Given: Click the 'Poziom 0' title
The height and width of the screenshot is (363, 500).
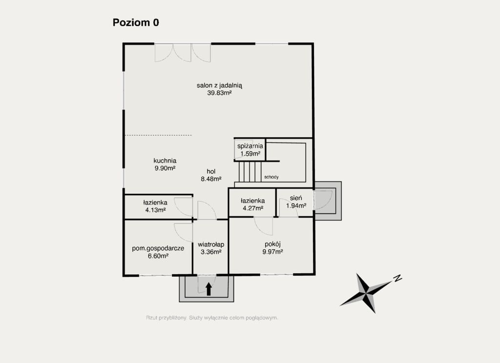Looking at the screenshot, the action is [x=136, y=22].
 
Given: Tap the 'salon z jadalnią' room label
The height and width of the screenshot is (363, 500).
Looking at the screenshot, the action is [x=219, y=85].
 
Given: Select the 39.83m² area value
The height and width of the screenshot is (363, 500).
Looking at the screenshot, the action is [x=219, y=93].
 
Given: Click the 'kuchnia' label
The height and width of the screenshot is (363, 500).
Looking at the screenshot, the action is [x=165, y=161].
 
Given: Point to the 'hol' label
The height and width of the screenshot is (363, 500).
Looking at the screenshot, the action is [x=211, y=171].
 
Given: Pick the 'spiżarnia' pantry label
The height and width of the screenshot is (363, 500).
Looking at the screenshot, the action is [x=250, y=146].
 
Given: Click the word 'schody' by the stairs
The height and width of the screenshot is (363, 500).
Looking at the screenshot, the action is [x=271, y=177].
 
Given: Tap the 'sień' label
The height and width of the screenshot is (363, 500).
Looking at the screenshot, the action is [x=296, y=198].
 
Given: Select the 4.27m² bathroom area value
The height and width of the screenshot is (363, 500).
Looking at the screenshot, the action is [x=253, y=208].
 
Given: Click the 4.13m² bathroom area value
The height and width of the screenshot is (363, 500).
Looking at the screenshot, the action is [x=156, y=210].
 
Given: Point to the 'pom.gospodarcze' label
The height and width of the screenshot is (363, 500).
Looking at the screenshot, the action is [x=158, y=248].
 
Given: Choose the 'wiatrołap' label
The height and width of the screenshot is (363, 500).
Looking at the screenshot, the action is [x=211, y=244].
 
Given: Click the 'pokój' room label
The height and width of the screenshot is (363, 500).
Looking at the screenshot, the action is [x=272, y=244].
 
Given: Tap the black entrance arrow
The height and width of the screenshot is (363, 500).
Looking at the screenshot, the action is [x=209, y=289].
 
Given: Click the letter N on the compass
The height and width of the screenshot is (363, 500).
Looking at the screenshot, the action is [x=397, y=278].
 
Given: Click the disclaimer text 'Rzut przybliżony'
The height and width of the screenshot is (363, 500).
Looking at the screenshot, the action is [x=166, y=318].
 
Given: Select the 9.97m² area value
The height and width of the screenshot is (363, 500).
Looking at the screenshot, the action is [x=272, y=252].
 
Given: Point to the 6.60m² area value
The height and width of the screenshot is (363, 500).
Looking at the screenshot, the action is [x=158, y=256].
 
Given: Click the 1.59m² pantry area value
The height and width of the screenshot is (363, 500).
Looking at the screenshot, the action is [x=250, y=154].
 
